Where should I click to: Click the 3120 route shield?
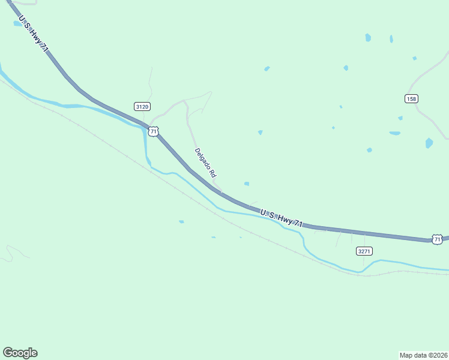point(142,107)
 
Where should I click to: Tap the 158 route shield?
point(411,98)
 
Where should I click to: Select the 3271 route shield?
point(364,251)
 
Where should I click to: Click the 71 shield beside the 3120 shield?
point(154,131)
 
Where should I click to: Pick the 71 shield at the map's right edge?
point(438,239)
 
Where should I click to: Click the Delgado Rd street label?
point(205,163)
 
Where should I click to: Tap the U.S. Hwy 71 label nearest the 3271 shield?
point(281,218)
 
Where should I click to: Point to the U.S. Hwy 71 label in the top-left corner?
point(34,37)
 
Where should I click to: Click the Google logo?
point(20,353)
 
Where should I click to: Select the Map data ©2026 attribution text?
point(423,355)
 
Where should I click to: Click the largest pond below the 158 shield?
point(429,143)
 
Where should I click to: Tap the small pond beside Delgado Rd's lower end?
point(247,184)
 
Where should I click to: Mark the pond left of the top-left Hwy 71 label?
point(17,24)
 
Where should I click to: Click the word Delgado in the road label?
point(202,158)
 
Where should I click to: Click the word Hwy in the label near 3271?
point(286,220)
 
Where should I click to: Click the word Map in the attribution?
point(406,355)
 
